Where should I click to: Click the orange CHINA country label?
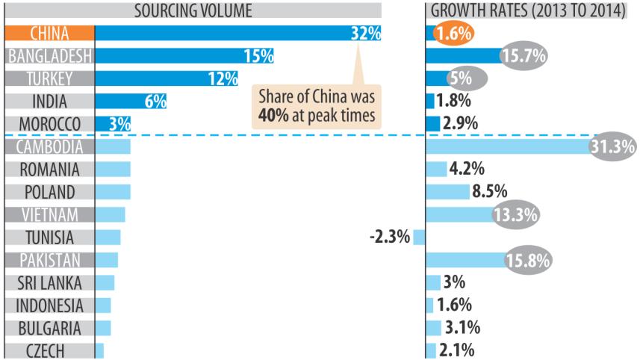50,33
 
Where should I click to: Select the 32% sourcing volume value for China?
365,33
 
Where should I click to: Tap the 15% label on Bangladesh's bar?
258,55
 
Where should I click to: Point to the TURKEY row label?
50,78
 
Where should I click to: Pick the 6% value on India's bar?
155,102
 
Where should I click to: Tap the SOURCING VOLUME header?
193,10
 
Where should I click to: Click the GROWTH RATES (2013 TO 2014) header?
527,10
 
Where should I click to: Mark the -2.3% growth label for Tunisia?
390,238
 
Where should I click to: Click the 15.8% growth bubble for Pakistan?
528,261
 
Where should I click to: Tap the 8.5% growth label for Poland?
487,192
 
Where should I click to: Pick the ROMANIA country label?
50,170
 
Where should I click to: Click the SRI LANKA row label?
50,283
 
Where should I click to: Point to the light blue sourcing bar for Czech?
99,351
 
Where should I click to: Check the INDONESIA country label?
50,305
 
